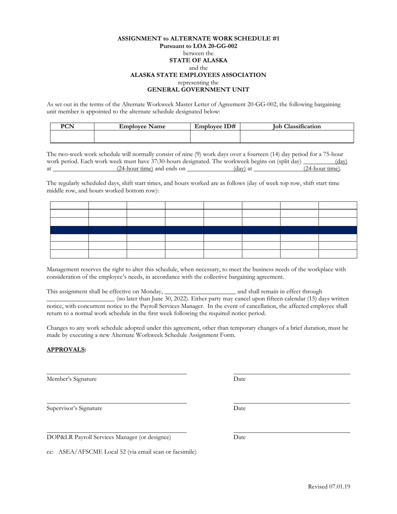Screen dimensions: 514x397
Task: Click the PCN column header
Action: [x=68, y=126]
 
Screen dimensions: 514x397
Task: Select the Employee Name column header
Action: [x=142, y=126]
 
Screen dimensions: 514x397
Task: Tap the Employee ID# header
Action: [x=215, y=126]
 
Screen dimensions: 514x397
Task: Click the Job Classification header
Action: [x=297, y=126]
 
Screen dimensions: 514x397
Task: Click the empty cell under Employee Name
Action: [x=142, y=137]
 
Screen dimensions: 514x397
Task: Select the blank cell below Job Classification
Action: [x=297, y=137]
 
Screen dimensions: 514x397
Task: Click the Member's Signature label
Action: [x=71, y=379]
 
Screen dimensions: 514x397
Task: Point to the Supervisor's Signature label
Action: [x=74, y=408]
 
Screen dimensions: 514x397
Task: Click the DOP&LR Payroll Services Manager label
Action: [x=109, y=437]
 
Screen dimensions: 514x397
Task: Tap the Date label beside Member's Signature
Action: [x=239, y=379]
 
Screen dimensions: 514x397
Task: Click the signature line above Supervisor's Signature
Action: [x=116, y=403]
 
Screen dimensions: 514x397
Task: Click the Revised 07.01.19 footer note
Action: [x=329, y=486]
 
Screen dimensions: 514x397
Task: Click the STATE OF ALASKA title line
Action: [x=198, y=60]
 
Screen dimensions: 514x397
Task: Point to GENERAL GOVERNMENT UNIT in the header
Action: [x=198, y=89]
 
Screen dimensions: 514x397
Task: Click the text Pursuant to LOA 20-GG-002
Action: [x=198, y=46]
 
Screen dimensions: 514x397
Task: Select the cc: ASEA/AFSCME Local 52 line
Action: [x=121, y=452]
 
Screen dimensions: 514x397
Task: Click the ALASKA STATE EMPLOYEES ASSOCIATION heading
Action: [x=198, y=75]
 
